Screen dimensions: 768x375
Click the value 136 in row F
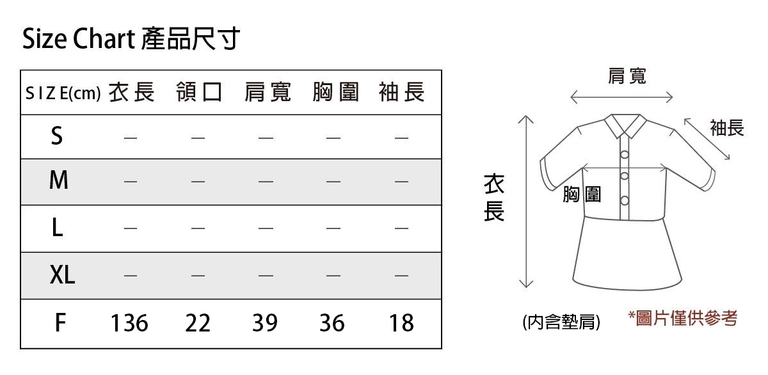point(129,323)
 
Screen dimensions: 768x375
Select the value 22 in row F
point(198,323)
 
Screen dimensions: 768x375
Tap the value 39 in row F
point(265,323)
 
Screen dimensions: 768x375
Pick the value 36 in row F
point(332,323)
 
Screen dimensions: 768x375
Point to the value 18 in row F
point(401,323)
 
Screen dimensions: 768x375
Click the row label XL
point(62,275)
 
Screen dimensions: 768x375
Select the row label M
point(59,180)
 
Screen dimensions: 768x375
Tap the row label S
point(57,136)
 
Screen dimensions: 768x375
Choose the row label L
point(57,228)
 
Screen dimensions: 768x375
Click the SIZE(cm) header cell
point(63,93)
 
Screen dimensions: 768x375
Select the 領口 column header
point(199,92)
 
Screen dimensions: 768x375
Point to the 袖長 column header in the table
point(402,92)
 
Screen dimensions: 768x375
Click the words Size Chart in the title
point(79,38)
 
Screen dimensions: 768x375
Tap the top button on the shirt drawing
point(625,155)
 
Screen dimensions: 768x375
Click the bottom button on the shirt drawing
point(625,200)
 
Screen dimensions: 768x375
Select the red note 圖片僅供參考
point(683,319)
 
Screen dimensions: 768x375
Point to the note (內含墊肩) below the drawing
point(561,321)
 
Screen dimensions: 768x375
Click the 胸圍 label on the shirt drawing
point(582,195)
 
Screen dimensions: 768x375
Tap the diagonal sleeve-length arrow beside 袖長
point(707,139)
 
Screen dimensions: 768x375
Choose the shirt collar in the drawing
point(625,125)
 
